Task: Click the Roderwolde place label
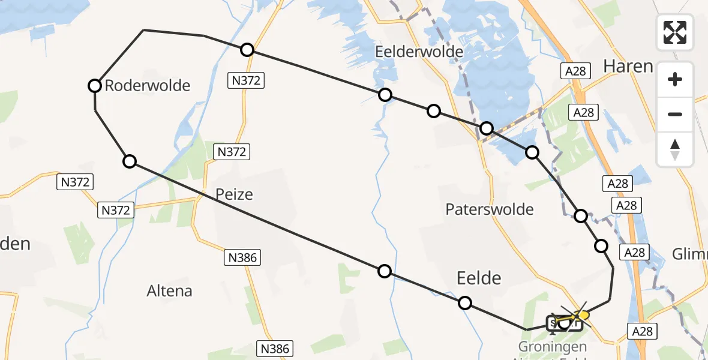[147, 86]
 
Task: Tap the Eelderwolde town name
[419, 52]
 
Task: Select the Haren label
[628, 66]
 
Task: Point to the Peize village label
[234, 194]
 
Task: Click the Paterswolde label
[490, 209]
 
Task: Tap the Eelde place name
[479, 278]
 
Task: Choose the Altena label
[170, 292]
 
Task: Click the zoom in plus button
[675, 79]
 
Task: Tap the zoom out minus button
[675, 114]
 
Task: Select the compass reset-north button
[675, 149]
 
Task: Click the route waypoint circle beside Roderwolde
[94, 86]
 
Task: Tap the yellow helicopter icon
[581, 315]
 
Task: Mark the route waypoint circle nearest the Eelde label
[464, 303]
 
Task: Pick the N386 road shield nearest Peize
[242, 258]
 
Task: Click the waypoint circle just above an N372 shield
[247, 50]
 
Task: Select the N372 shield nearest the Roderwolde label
[76, 182]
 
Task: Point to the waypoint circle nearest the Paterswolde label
[532, 152]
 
